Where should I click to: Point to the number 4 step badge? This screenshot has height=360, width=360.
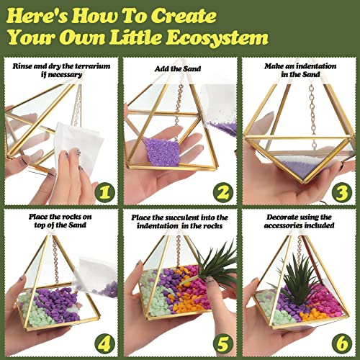coord(107,341)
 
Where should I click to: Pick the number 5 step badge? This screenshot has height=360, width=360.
coord(223,341)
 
